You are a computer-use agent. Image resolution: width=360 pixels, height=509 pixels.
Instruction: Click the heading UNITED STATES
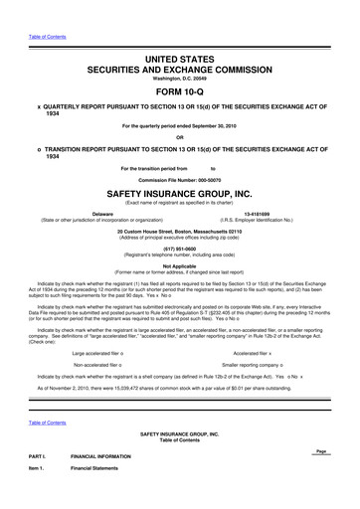click(x=180, y=34)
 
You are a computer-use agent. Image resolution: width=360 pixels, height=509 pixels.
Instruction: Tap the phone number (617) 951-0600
click(x=180, y=249)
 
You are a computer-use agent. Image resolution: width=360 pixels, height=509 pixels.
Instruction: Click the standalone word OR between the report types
click(x=180, y=109)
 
